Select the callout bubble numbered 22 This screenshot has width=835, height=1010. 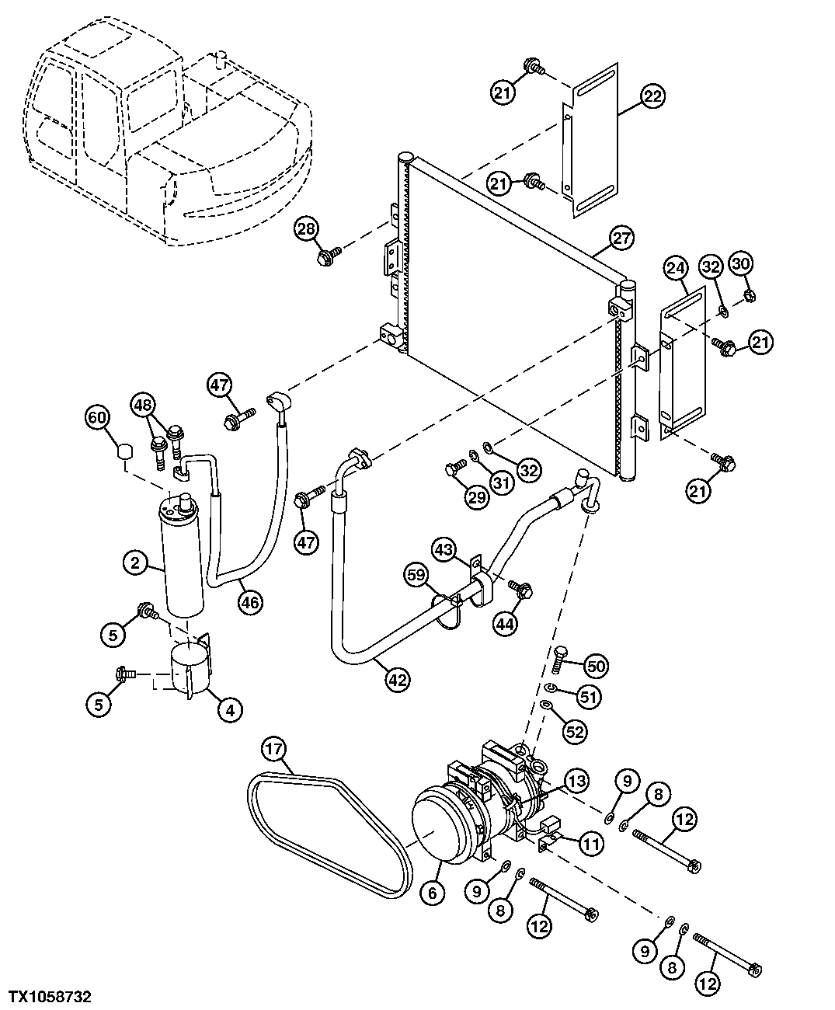click(x=653, y=96)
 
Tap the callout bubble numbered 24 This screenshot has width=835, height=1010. click(x=676, y=270)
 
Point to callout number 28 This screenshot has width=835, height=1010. click(x=307, y=229)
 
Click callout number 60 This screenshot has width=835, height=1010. click(x=96, y=419)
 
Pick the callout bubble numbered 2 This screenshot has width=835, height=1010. click(x=136, y=562)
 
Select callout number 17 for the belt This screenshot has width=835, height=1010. click(x=274, y=750)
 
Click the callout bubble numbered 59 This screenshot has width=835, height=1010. click(x=416, y=576)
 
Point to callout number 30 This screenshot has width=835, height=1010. click(x=742, y=264)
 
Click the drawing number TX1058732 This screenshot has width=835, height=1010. click(x=50, y=995)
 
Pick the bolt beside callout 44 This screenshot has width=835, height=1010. click(x=522, y=591)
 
